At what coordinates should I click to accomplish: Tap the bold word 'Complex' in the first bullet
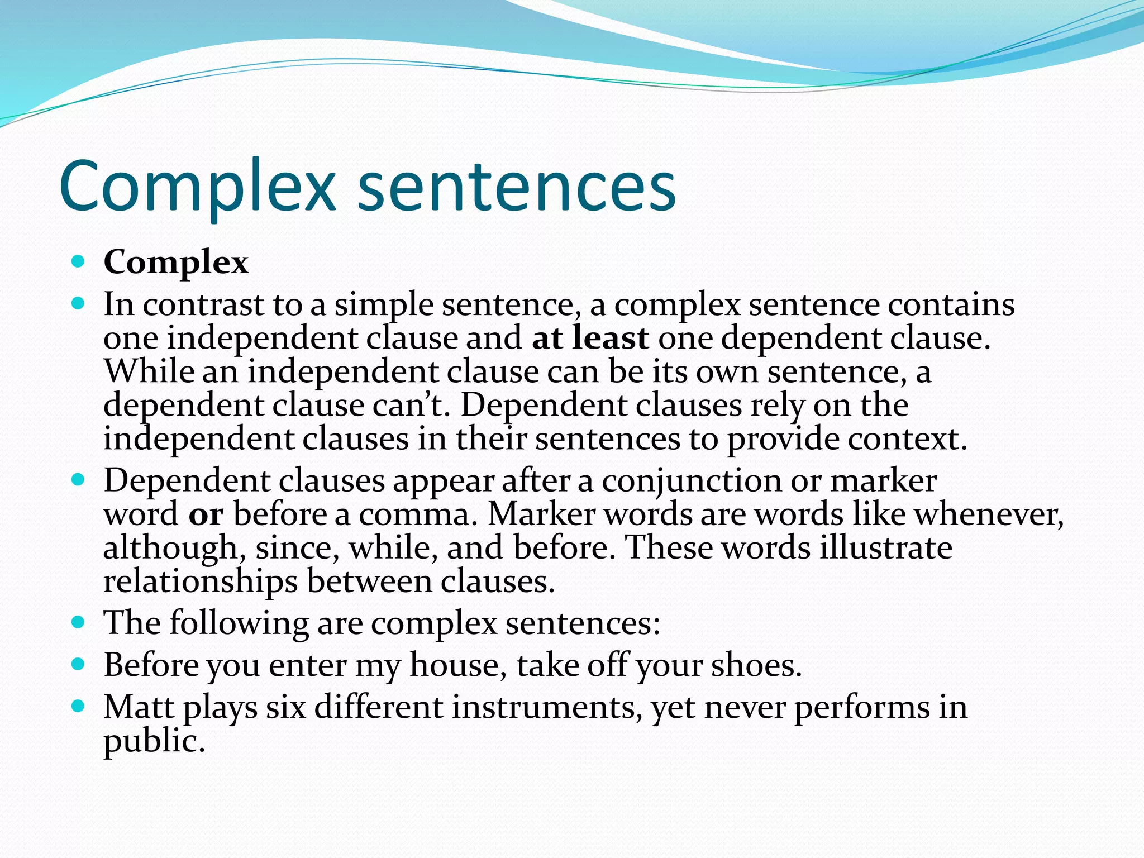coord(176,262)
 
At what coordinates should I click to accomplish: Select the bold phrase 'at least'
coord(590,338)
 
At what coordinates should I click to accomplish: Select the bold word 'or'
coord(206,514)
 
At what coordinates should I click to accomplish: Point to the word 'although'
coord(171,548)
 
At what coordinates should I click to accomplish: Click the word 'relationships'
coord(201,582)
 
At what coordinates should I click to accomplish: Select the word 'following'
coord(239,623)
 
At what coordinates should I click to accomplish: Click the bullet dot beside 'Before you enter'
coord(78,664)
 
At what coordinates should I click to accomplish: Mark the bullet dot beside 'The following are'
coord(78,622)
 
